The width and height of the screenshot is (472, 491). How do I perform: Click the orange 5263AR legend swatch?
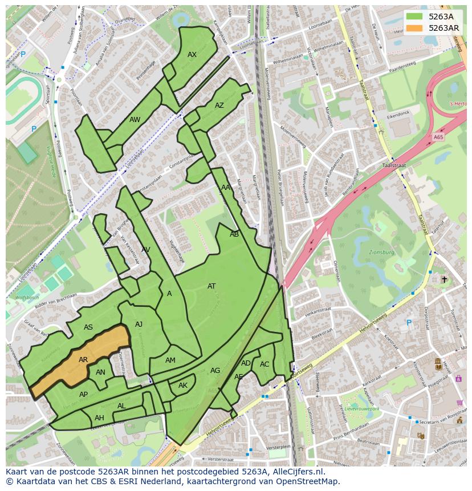tap(414, 28)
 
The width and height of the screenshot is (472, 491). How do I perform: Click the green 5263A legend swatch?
tap(414, 17)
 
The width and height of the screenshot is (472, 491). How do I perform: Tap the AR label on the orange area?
tap(83, 360)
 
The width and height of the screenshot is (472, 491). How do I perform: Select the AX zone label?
tap(192, 55)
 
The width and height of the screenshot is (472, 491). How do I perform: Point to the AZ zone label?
tap(219, 105)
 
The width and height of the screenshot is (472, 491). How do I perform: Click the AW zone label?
tap(135, 120)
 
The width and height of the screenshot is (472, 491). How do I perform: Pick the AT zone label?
tap(211, 286)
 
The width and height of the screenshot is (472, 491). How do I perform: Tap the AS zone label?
tap(88, 327)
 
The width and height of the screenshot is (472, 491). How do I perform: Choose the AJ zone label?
tap(139, 324)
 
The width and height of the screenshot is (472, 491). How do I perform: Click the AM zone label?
tap(170, 360)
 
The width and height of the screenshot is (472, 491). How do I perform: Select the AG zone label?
tap(215, 371)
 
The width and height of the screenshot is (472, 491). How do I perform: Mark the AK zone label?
tap(183, 386)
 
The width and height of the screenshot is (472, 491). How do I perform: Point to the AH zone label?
tap(99, 418)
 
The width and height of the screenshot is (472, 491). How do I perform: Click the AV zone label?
tap(146, 250)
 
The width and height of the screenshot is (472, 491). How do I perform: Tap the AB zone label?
tap(234, 234)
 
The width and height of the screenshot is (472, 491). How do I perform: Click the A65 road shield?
tap(438, 137)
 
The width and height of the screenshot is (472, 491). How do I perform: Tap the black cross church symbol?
tap(445, 279)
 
